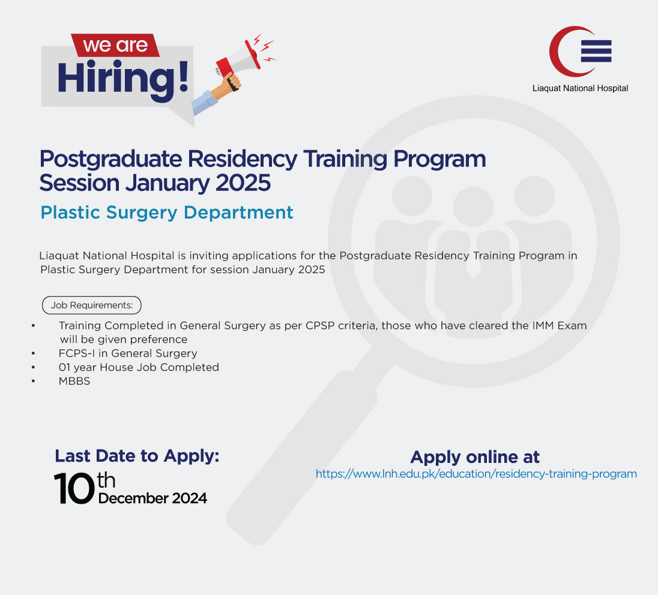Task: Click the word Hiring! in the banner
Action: (x=122, y=79)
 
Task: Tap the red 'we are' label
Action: (x=115, y=46)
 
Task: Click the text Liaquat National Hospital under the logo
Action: (x=580, y=88)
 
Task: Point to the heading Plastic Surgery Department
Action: (x=167, y=213)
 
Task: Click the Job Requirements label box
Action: (x=91, y=305)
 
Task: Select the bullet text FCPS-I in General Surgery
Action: (x=128, y=353)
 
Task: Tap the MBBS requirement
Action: (x=74, y=381)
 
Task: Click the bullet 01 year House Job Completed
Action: (x=139, y=367)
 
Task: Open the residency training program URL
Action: (x=476, y=474)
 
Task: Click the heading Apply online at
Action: (x=475, y=457)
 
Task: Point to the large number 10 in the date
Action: (x=74, y=488)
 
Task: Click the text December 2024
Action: (x=152, y=498)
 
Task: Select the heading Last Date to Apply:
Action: (x=137, y=456)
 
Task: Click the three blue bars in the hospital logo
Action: (x=596, y=51)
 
